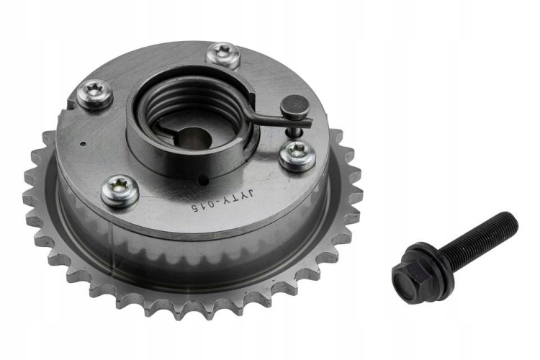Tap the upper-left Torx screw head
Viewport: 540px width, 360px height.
(95, 94)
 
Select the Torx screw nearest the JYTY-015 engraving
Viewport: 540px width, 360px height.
(120, 191)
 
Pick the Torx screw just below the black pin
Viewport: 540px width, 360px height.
(297, 156)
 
